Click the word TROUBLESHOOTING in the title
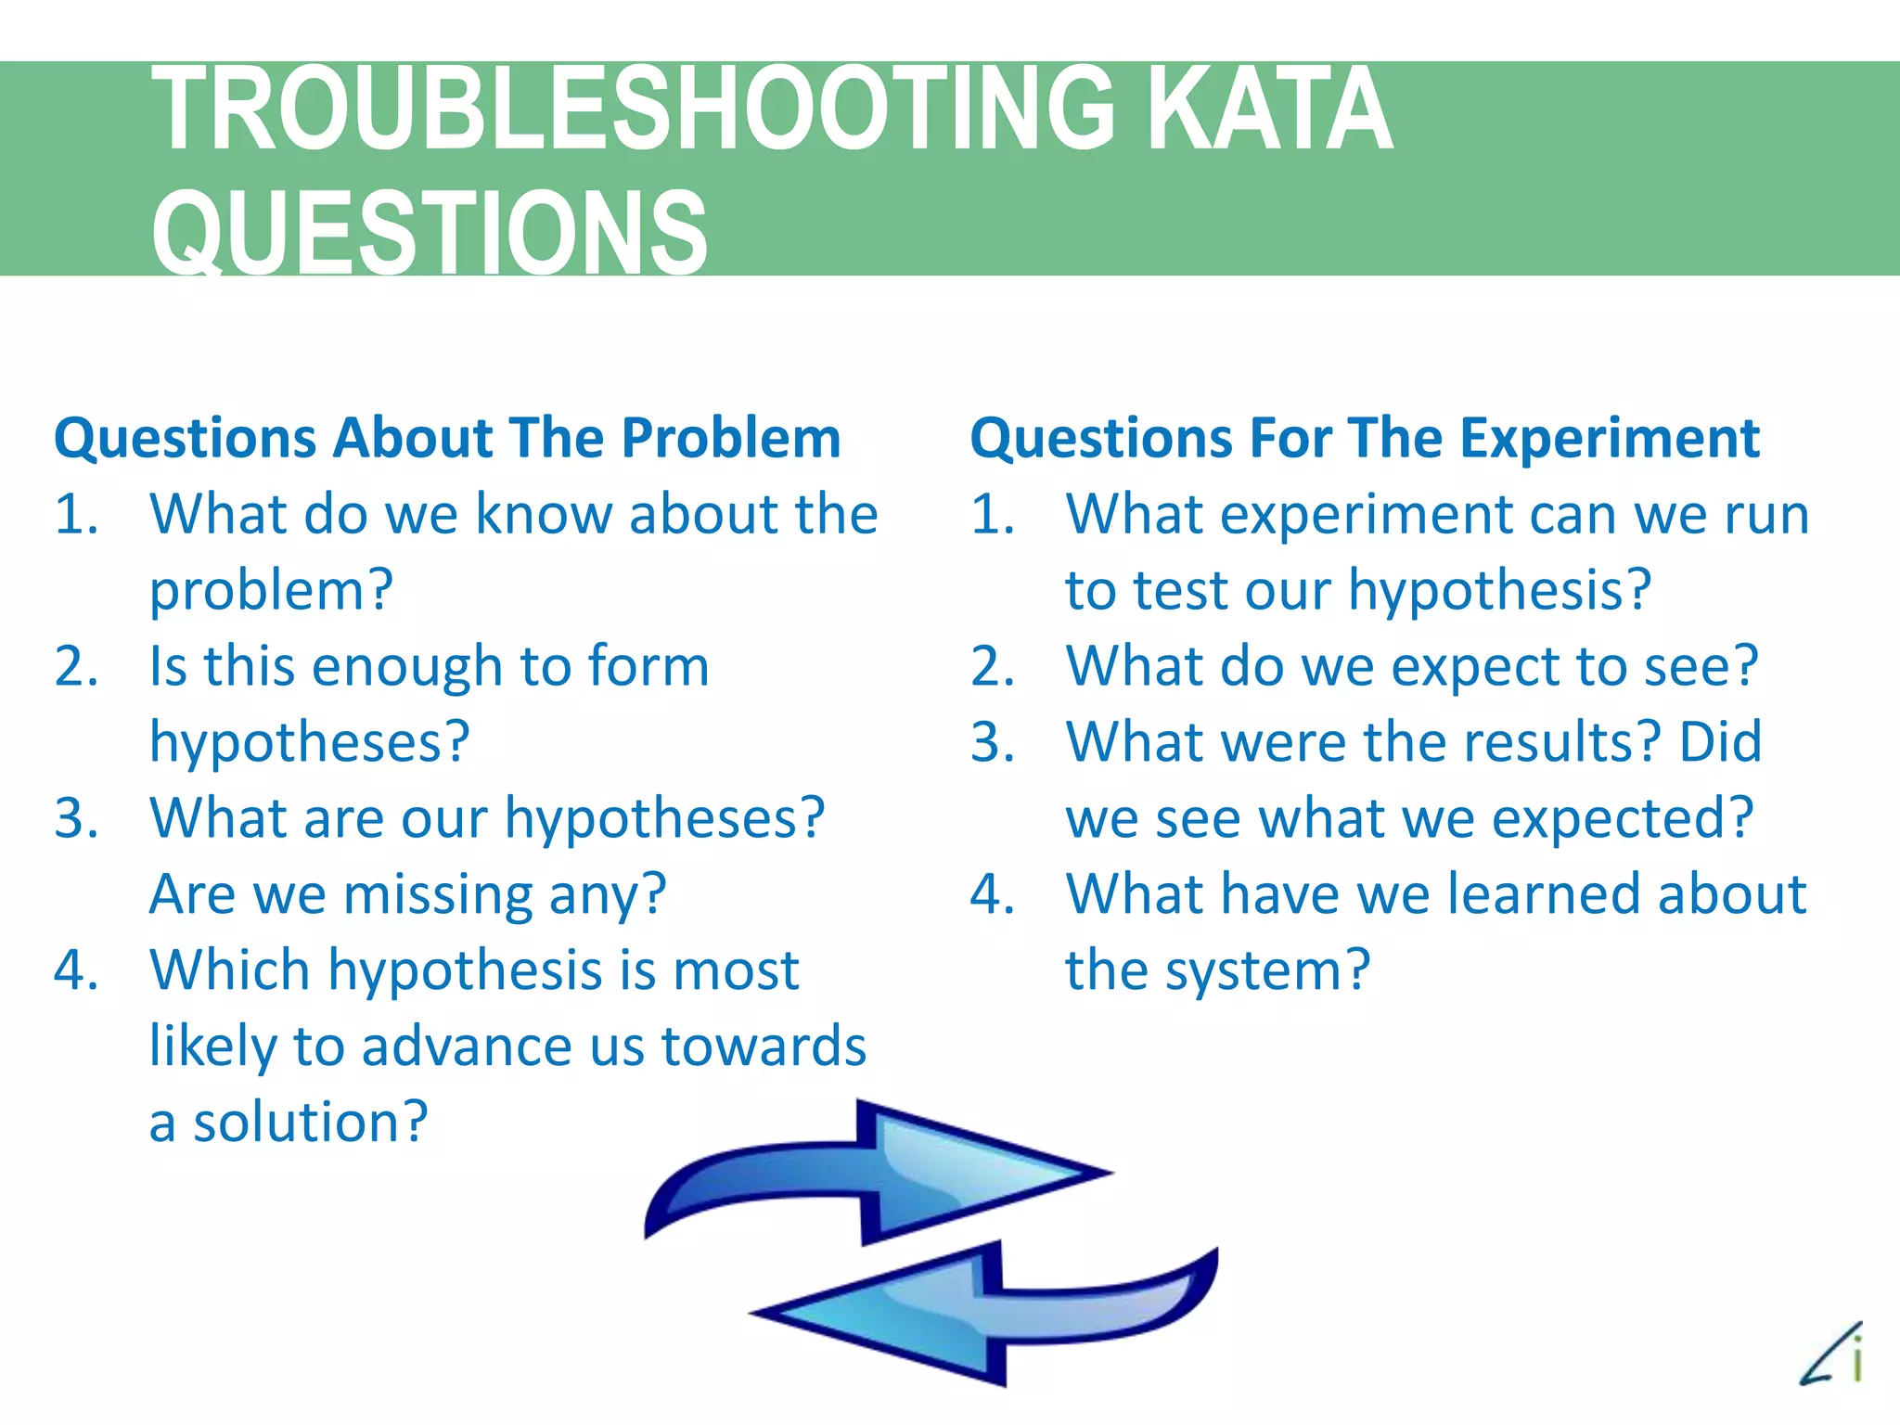631,109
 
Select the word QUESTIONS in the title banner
430,232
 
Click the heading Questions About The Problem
447,438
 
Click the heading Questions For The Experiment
1365,438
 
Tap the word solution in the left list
309,1122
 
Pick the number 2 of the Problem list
75,667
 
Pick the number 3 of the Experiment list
992,743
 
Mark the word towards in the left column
763,1047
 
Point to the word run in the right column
1766,515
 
